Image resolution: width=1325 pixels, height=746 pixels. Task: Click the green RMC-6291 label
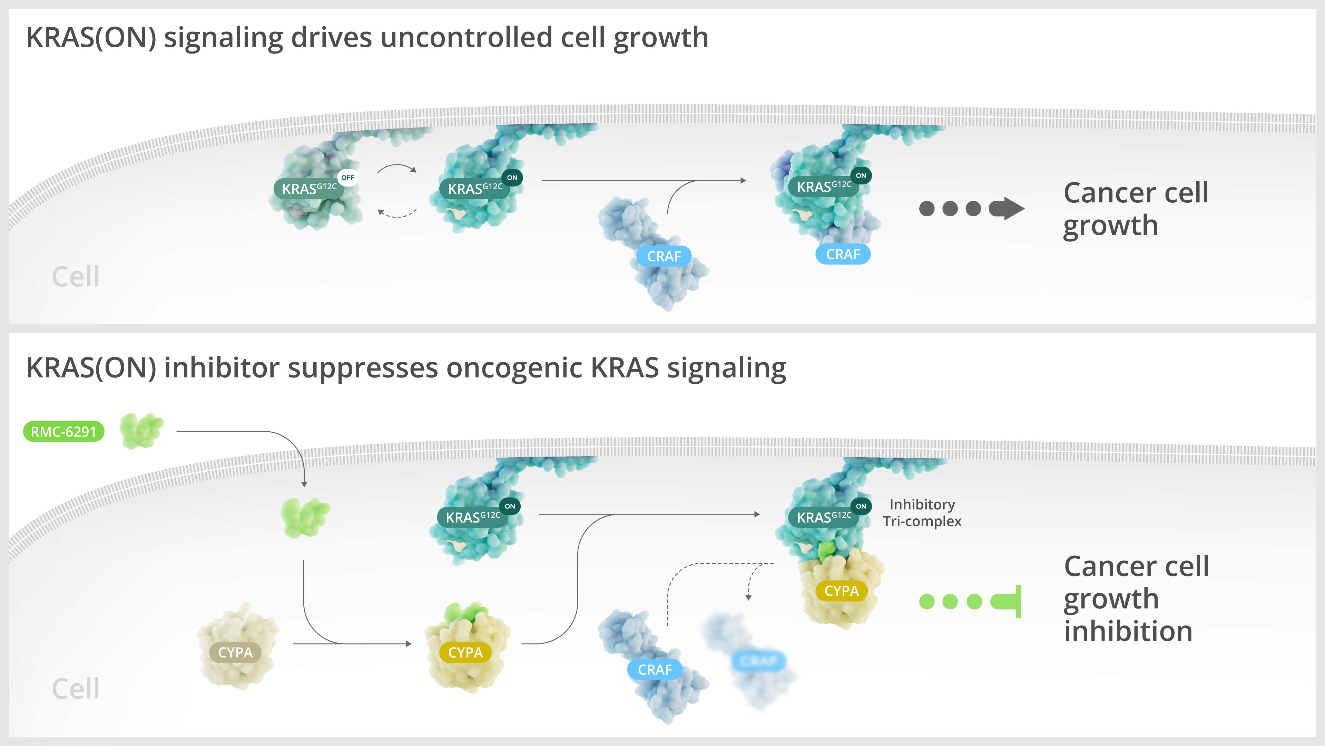(x=63, y=431)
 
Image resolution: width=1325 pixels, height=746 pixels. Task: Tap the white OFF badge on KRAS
(x=348, y=178)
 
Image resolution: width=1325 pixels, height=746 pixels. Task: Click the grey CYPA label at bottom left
(x=235, y=652)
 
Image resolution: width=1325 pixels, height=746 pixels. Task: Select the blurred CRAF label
(x=758, y=661)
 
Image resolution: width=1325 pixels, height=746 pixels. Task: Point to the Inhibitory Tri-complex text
(x=922, y=513)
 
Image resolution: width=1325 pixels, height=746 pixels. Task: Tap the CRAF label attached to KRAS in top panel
(x=843, y=254)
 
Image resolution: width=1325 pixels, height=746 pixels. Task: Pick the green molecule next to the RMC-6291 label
(x=141, y=430)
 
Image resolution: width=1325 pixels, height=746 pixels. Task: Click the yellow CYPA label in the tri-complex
(x=842, y=591)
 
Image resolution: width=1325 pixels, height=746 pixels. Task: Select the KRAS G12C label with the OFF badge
(x=308, y=189)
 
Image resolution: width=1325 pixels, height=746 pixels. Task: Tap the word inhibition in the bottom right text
(x=1128, y=631)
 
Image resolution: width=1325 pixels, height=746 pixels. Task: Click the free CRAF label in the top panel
(x=664, y=256)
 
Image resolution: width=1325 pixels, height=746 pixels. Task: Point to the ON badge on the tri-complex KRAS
(x=861, y=506)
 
